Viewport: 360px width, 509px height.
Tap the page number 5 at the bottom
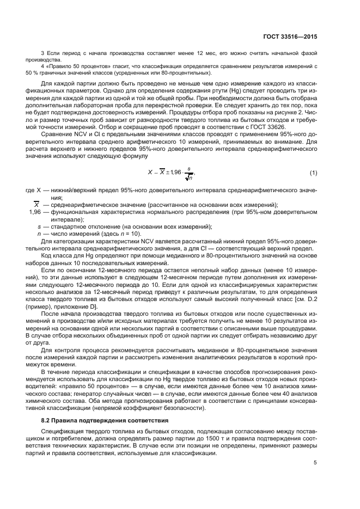pos(315,463)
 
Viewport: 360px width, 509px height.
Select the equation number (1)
pos(314,173)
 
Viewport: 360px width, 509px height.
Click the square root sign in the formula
pos(188,176)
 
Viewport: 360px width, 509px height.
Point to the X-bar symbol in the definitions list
pos(37,205)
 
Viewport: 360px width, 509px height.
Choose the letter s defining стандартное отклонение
pos(39,226)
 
